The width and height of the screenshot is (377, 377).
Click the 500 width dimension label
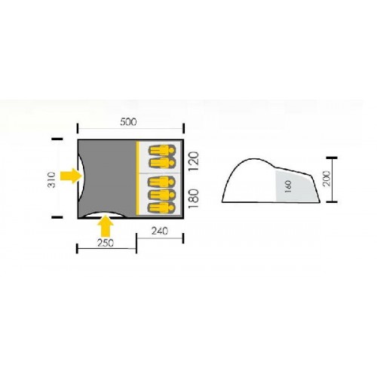(x=128, y=122)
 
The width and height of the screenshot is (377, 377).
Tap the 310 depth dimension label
(x=51, y=179)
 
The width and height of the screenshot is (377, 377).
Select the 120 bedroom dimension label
(x=195, y=161)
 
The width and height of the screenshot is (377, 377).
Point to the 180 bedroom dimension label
(x=195, y=198)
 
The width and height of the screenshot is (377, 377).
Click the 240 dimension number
(x=159, y=231)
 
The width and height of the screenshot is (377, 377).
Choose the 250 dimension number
(x=106, y=243)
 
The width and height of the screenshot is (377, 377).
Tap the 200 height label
(x=326, y=178)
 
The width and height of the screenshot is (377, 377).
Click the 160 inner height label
(x=288, y=186)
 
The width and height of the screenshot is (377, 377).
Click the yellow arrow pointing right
(x=71, y=176)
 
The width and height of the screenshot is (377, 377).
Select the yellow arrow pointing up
(x=106, y=226)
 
